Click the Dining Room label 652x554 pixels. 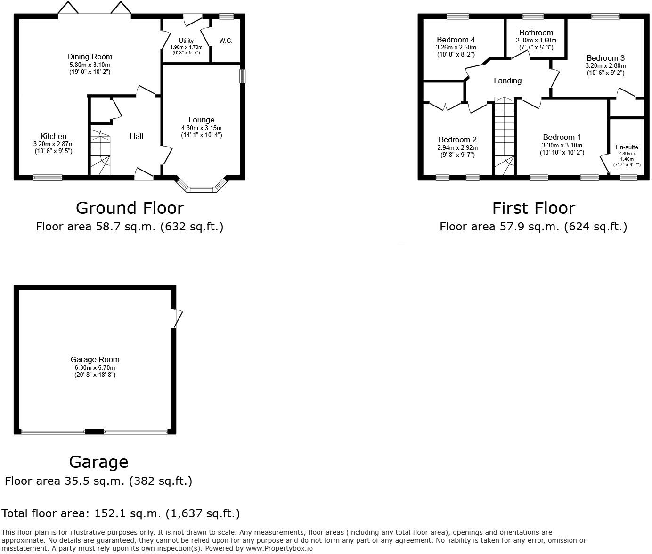tap(90, 57)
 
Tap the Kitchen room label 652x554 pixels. tap(53, 137)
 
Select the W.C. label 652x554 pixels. tap(226, 41)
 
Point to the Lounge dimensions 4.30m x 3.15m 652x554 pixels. tap(201, 128)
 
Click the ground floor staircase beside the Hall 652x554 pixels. tap(100, 153)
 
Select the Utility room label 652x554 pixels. tap(186, 41)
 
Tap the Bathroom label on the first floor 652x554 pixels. tap(536, 33)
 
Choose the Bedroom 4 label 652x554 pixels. tap(456, 40)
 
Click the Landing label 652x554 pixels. tap(507, 81)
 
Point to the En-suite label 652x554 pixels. tap(627, 147)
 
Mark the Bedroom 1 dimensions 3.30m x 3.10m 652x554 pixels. tap(562, 146)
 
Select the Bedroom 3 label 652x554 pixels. tap(605, 58)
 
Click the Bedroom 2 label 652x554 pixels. tap(457, 140)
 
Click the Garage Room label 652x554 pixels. tap(95, 360)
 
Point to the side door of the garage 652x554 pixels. tap(177, 318)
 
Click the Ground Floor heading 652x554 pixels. tap(130, 208)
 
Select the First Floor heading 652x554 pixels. tap(533, 208)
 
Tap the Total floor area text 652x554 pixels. tap(121, 513)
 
